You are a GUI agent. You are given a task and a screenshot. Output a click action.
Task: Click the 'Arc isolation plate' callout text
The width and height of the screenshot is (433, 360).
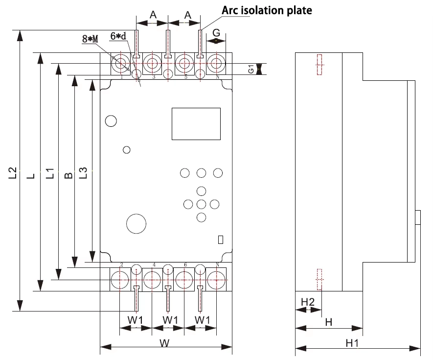click(267, 10)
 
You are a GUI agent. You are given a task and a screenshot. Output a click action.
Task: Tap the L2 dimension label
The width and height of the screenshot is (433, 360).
click(13, 173)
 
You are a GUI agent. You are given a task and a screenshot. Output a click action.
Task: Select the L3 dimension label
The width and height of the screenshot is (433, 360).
click(83, 173)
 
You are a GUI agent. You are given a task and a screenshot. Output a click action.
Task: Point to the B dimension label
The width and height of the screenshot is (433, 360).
click(68, 175)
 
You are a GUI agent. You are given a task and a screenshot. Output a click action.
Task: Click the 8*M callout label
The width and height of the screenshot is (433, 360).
click(90, 39)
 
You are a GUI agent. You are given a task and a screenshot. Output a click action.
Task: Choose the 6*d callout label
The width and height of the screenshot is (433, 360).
click(118, 36)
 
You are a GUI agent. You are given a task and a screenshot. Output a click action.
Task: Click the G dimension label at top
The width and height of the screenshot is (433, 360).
click(216, 33)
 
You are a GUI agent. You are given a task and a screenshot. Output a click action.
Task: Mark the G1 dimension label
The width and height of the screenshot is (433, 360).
click(251, 69)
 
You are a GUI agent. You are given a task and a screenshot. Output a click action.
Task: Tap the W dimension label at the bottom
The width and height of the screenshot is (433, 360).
click(164, 343)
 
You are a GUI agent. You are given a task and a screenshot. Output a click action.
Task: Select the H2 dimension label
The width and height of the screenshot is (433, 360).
click(308, 302)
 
